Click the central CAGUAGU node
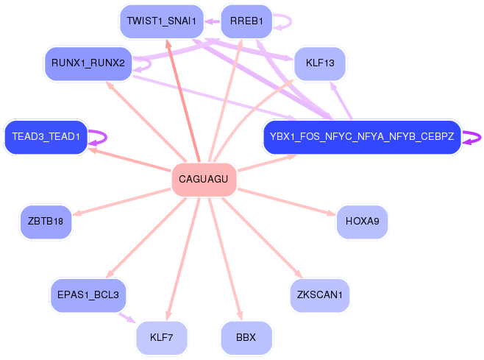[x=204, y=179]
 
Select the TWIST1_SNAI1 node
[x=161, y=21]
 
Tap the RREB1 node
[x=246, y=21]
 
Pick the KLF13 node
[x=320, y=63]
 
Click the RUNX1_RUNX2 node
[x=88, y=63]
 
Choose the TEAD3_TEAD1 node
[x=46, y=137]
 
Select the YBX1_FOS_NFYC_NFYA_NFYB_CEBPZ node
[x=362, y=137]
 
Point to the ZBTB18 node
[x=46, y=222]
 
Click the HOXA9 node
[x=362, y=222]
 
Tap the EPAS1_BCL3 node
[x=88, y=295]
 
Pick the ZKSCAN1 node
[x=320, y=295]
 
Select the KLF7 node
[x=161, y=337]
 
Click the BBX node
[x=246, y=337]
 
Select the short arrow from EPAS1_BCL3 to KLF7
[x=127, y=317]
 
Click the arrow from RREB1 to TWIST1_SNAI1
[x=213, y=21]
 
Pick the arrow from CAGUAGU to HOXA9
[x=287, y=202]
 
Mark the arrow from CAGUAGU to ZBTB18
[x=121, y=202]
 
